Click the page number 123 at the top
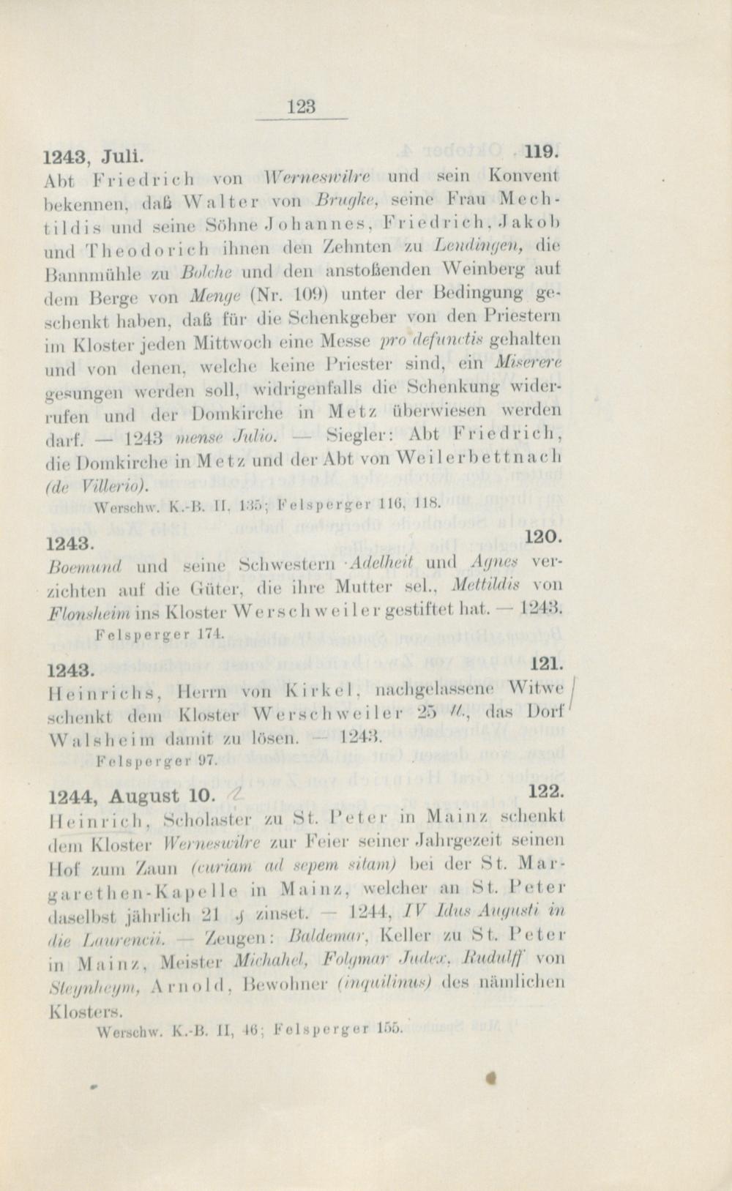302,107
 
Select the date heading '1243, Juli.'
93,156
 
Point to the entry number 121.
545,663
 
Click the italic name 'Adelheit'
382,563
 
